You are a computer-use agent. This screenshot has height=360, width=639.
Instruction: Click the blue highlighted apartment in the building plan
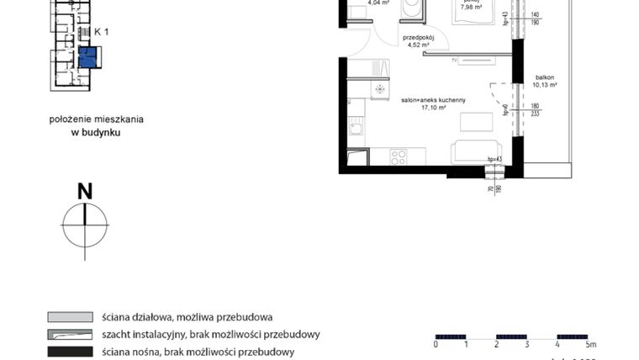[87, 57]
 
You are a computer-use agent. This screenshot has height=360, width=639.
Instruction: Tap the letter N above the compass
[85, 192]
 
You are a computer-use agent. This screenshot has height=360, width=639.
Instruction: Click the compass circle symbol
[85, 224]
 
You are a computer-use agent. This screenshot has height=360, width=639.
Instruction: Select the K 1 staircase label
[102, 31]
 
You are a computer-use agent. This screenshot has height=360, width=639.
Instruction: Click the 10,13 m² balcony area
[545, 84]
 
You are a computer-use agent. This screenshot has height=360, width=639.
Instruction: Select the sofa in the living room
[477, 152]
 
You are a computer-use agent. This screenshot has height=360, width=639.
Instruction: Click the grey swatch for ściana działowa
[70, 318]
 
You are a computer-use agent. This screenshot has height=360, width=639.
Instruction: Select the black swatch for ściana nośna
[70, 351]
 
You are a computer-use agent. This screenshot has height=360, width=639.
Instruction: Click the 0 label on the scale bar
[436, 345]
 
